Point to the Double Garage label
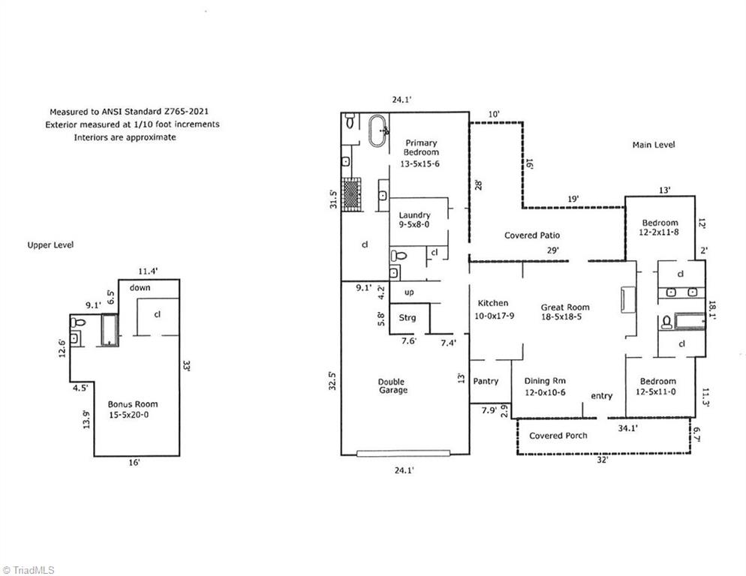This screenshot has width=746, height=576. [x=393, y=385]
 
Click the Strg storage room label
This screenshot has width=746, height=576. [x=408, y=318]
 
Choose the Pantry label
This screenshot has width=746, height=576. [x=486, y=381]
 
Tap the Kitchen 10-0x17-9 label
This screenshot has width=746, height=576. [x=493, y=308]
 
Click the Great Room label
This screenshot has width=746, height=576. [x=565, y=311]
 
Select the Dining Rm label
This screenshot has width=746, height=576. [x=546, y=385]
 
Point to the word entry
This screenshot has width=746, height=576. [x=601, y=396]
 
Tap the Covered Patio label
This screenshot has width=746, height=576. [x=532, y=235]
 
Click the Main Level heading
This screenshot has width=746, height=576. [x=653, y=145]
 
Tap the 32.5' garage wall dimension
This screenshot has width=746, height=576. [x=332, y=381]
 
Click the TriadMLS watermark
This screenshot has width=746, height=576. [x=28, y=569]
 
